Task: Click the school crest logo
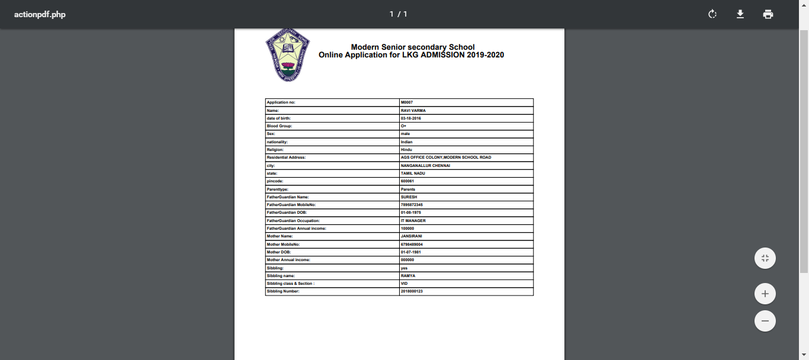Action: pyautogui.click(x=288, y=55)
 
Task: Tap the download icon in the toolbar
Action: pyautogui.click(x=740, y=14)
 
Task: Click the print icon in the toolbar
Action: pyautogui.click(x=768, y=14)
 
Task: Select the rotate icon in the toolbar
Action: pyautogui.click(x=712, y=14)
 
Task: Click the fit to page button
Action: pyautogui.click(x=765, y=258)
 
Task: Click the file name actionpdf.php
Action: pyautogui.click(x=40, y=14)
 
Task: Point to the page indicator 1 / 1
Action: pyautogui.click(x=398, y=14)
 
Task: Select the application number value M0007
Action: pyautogui.click(x=407, y=102)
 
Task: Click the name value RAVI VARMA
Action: pyautogui.click(x=413, y=111)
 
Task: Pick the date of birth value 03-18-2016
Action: pyautogui.click(x=410, y=118)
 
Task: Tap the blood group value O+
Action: pyautogui.click(x=403, y=126)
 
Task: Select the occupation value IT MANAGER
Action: pyautogui.click(x=413, y=220)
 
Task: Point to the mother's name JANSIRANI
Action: pyautogui.click(x=411, y=236)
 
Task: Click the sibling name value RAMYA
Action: pyautogui.click(x=408, y=276)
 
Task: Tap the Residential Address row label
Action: pyautogui.click(x=286, y=157)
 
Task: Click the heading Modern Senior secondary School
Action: pyautogui.click(x=412, y=47)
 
